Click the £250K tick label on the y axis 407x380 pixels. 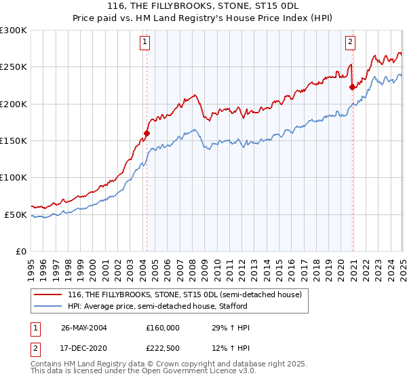pos(14,67)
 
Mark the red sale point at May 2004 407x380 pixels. pos(147,134)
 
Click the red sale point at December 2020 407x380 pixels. pos(352,87)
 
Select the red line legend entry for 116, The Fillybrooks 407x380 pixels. pos(189,294)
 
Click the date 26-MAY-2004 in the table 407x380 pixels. pos(84,328)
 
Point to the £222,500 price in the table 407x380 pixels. pos(162,348)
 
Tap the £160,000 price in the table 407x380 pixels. pos(162,328)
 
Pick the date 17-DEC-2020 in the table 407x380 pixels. pos(84,348)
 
